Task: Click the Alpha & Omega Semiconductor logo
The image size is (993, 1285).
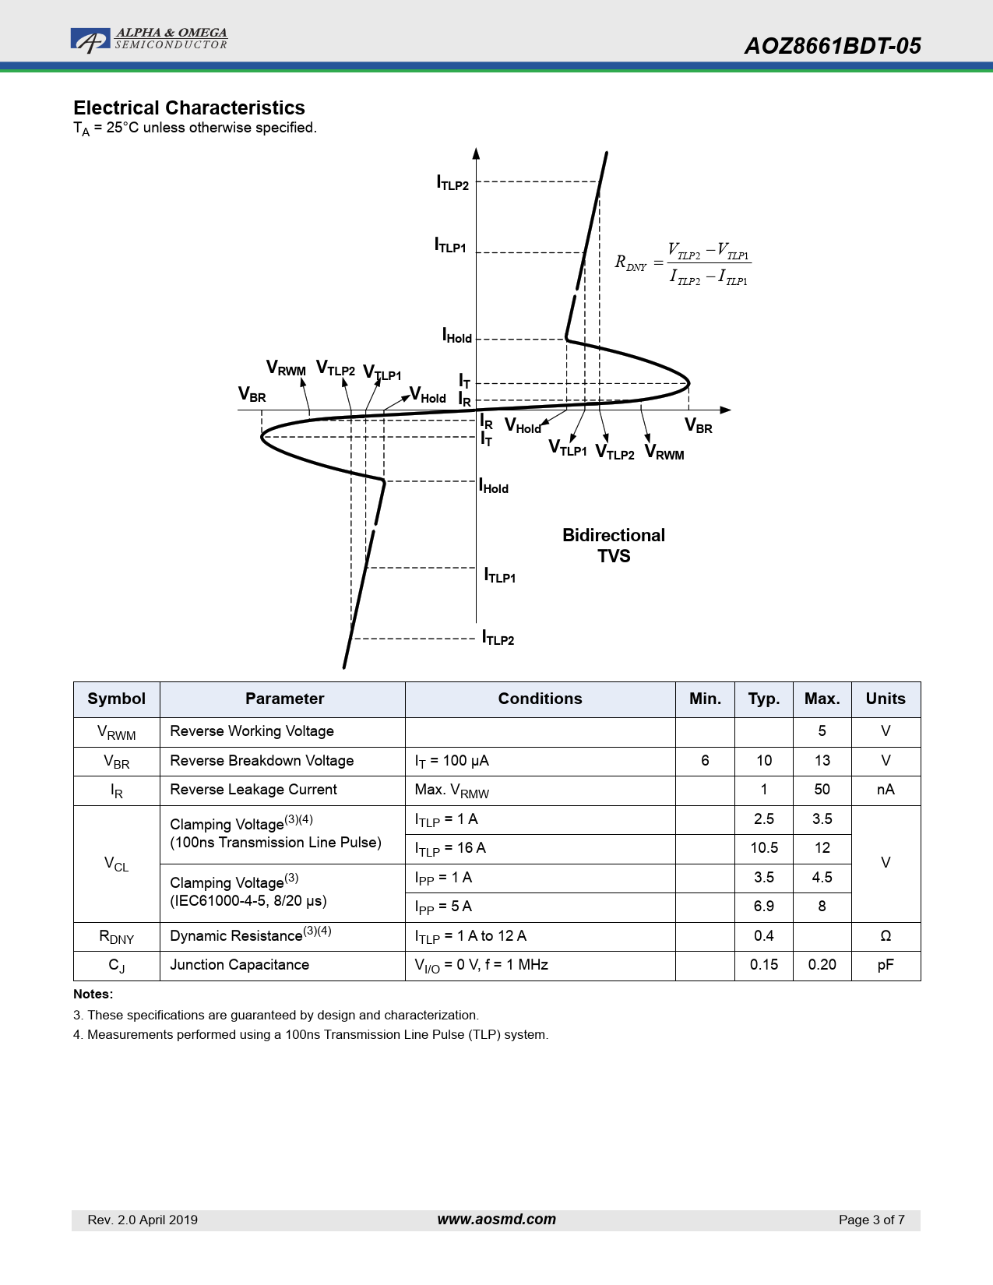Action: tap(149, 39)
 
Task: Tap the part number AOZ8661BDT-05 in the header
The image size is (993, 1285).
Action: tap(832, 46)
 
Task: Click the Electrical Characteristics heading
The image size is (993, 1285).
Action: tap(189, 107)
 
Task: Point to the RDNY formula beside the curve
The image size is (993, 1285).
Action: tap(683, 264)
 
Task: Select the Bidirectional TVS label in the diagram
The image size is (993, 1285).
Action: tap(613, 545)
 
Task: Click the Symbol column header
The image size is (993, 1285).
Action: tap(117, 699)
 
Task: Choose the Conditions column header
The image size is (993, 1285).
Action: tap(540, 699)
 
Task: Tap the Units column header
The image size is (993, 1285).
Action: tap(886, 699)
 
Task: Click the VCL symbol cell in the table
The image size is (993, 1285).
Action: tap(117, 864)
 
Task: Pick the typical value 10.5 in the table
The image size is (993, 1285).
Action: tap(764, 848)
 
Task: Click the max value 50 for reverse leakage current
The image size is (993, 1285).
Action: tap(822, 790)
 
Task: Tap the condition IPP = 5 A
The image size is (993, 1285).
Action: tap(443, 907)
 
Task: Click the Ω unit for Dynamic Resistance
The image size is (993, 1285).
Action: tap(886, 935)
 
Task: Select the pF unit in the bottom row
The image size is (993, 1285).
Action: tap(886, 965)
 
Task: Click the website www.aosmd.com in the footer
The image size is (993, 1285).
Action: tap(497, 1220)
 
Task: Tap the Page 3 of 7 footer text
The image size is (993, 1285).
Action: tap(872, 1220)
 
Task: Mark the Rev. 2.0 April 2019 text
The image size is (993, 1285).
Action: tap(143, 1220)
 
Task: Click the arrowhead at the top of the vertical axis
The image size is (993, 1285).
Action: tap(476, 153)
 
